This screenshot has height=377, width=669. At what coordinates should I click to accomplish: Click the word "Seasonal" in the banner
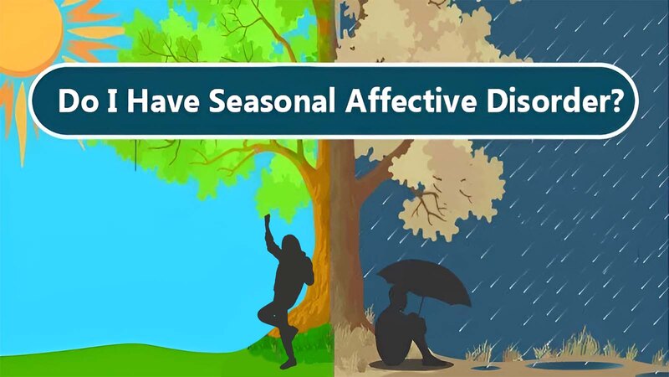(271, 101)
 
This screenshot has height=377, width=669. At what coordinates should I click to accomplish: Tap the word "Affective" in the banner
(410, 101)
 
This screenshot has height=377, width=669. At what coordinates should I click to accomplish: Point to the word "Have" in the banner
(162, 101)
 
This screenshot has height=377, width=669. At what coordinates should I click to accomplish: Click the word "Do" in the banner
(78, 101)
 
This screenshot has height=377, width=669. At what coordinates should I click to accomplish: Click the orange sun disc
(27, 32)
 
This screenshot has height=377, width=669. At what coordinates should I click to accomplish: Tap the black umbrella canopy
(425, 280)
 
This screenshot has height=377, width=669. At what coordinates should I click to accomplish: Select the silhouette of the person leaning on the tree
(285, 291)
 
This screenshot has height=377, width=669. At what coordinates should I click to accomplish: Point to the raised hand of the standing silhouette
(268, 219)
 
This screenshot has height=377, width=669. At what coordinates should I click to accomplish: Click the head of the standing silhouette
(292, 245)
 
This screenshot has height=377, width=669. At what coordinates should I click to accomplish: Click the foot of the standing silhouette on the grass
(289, 364)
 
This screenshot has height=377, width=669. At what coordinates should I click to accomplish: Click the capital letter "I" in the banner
(112, 101)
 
